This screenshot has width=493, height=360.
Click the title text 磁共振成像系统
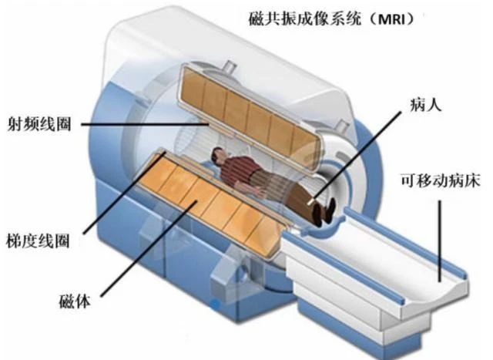coord(304,19)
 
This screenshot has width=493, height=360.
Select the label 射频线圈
coord(39,124)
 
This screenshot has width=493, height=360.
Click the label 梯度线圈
coord(38,241)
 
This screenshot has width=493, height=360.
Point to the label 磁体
coord(75,301)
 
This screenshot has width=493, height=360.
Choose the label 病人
coord(426,104)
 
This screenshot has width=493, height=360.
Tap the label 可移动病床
coord(440,180)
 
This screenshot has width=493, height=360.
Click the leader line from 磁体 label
coord(149,248)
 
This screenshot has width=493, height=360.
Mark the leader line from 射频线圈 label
coord(146,124)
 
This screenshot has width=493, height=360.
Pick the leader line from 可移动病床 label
coord(440,241)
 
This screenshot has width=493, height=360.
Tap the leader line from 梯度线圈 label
coord(125,193)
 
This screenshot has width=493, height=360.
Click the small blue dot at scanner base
coord(216,304)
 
